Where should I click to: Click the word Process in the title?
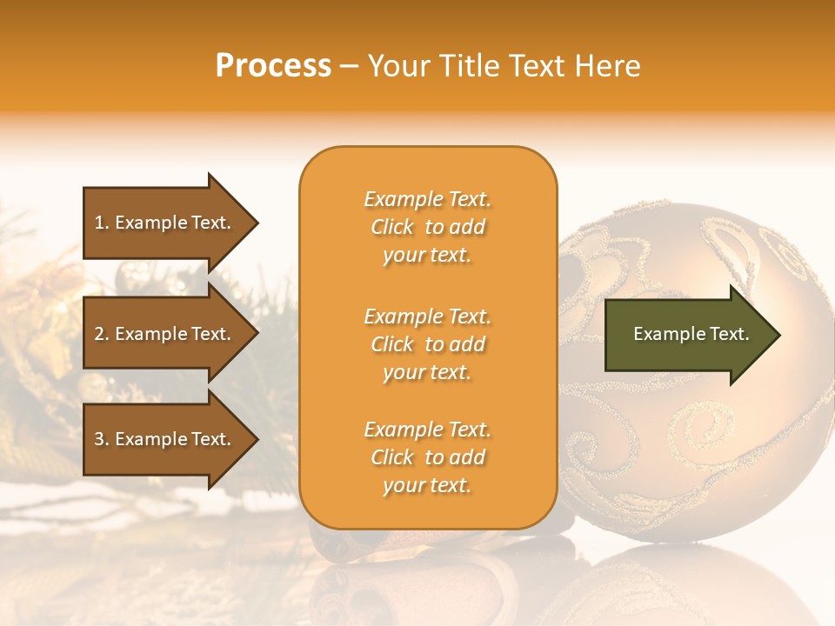(273, 66)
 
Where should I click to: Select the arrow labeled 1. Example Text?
(165, 223)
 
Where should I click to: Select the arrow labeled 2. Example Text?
(165, 334)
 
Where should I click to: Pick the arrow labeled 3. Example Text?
(165, 439)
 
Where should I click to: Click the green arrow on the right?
(687, 334)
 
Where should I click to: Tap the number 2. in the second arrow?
(102, 334)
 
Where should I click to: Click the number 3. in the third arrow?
(102, 439)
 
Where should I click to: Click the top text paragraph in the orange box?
(427, 227)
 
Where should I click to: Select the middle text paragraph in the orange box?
(427, 344)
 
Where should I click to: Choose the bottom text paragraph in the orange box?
(427, 457)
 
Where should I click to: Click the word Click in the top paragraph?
(392, 227)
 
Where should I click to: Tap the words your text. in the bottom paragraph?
(427, 485)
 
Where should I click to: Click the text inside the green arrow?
(691, 334)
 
